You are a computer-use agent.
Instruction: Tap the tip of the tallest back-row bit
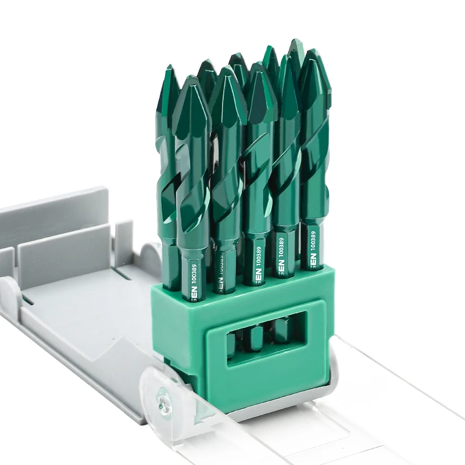[295, 44]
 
